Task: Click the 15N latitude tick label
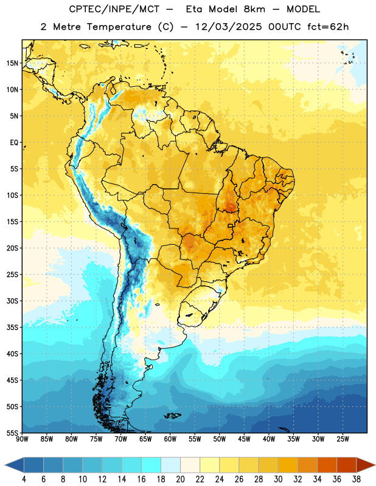coord(12,63)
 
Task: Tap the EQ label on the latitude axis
coord(14,143)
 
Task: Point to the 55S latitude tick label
coord(12,433)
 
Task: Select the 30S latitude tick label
coord(12,301)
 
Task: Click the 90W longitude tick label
coord(22,439)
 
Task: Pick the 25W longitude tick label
coord(343,439)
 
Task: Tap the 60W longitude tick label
coord(170,439)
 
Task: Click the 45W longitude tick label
coord(244,439)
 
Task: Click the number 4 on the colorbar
coord(24,479)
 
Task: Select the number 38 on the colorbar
coord(357,479)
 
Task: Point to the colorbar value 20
coord(180,479)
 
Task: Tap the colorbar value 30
coord(278,479)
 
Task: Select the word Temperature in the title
coord(119,27)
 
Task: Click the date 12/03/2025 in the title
coord(229,27)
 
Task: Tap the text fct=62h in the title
coord(328,27)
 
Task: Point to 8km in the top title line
coord(254,9)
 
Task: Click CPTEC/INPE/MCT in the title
coord(114,9)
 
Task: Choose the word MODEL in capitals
coord(303,9)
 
